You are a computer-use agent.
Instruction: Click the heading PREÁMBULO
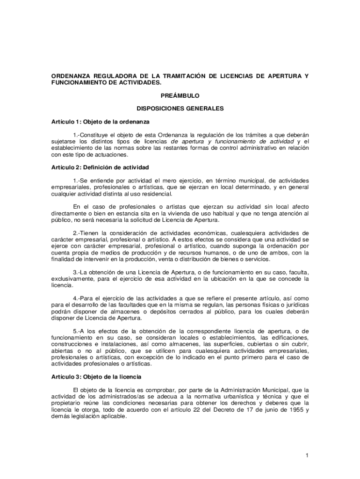pos(180,95)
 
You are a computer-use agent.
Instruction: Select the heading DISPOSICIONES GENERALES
pos(180,109)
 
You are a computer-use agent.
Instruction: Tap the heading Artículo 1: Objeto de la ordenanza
pos(100,122)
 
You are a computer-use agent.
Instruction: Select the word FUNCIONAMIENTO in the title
pos(79,82)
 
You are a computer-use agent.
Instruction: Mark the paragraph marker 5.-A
pos(77,331)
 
